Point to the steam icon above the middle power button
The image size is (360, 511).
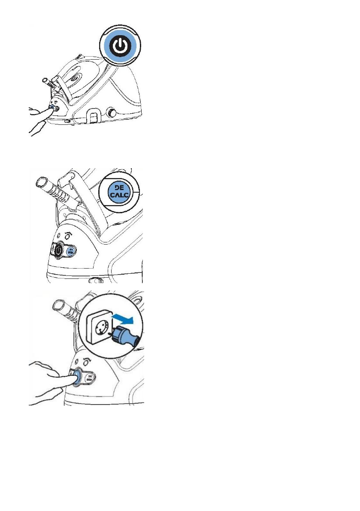point(67,235)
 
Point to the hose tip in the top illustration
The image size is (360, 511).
point(44,80)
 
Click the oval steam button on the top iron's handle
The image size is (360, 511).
point(74,79)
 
